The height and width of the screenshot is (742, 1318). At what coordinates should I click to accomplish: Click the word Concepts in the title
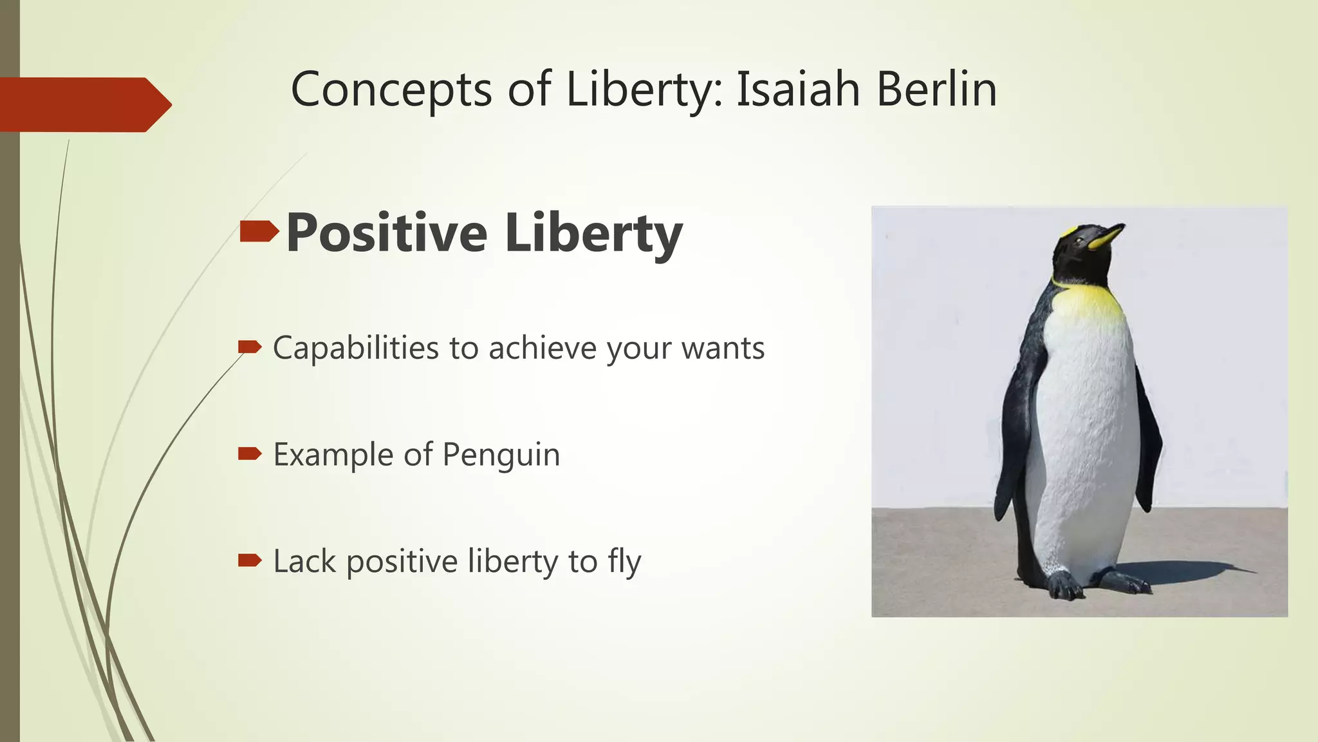[x=391, y=90]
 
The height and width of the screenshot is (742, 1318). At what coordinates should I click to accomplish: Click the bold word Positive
[x=386, y=233]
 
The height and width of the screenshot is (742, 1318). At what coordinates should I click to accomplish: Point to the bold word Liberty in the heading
[x=593, y=233]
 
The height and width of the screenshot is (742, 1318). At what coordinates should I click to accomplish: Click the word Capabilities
[x=355, y=348]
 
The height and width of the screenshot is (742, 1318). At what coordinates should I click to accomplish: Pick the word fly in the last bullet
[x=624, y=562]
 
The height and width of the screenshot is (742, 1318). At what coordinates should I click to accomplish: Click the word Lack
[x=304, y=561]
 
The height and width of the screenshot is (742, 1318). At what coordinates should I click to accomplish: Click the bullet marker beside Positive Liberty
[x=259, y=231]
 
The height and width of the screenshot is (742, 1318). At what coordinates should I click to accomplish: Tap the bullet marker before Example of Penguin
[x=250, y=454]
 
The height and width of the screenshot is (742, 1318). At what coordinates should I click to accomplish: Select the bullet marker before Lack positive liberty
[x=250, y=560]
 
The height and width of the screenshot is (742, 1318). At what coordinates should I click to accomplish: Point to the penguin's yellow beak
[x=1106, y=237]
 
